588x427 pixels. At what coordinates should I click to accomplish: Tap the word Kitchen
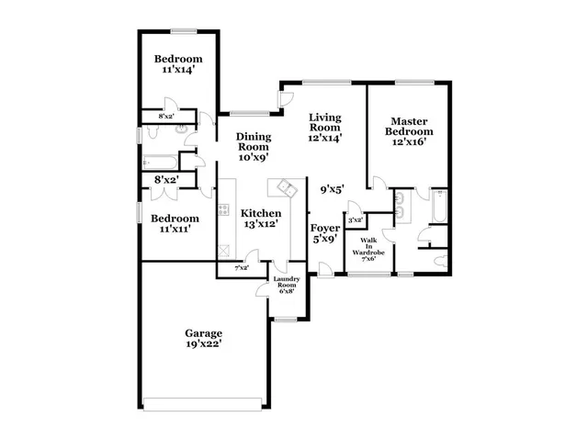tap(262, 213)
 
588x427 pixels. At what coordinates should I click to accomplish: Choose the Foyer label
tap(324, 227)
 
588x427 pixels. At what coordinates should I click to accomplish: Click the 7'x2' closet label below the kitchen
tap(243, 268)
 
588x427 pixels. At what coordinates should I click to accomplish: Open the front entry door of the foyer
tap(323, 269)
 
